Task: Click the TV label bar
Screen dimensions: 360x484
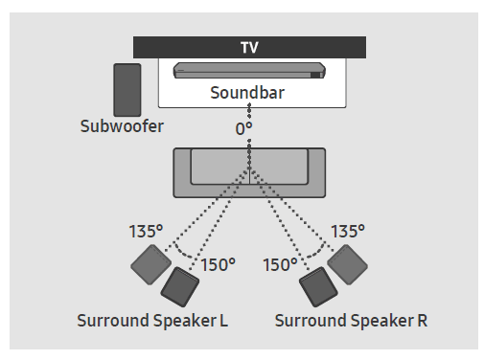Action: coord(249,47)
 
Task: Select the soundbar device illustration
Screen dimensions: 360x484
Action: coord(249,72)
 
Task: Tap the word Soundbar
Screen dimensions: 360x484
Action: coord(249,94)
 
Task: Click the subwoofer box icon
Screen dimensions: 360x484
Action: coord(127,89)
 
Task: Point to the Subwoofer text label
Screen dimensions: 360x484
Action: coord(121,126)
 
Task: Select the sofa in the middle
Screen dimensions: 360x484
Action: coord(249,172)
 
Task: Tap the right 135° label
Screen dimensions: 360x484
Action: coord(350,231)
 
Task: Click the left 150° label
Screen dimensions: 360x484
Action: coord(219,264)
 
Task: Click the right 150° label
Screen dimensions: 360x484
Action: coord(280,264)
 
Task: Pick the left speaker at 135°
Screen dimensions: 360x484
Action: coord(150,263)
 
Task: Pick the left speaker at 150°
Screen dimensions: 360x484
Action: coord(179,285)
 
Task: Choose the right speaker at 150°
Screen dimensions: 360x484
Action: coord(317,285)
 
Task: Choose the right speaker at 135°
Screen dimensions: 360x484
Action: coord(346,263)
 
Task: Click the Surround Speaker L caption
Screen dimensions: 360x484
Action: coord(151,319)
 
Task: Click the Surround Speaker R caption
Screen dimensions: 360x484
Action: coord(351,319)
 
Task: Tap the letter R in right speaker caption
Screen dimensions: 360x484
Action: coord(422,319)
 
